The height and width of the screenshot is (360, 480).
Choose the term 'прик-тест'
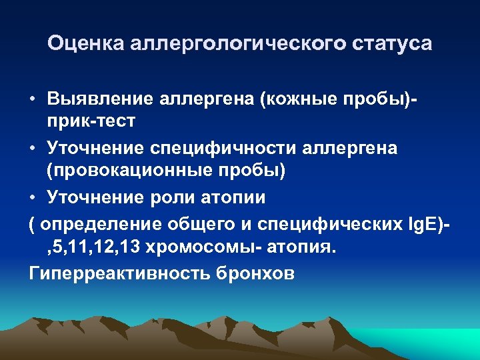(x=90, y=121)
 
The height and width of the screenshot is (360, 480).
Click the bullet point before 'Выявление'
(x=32, y=99)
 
